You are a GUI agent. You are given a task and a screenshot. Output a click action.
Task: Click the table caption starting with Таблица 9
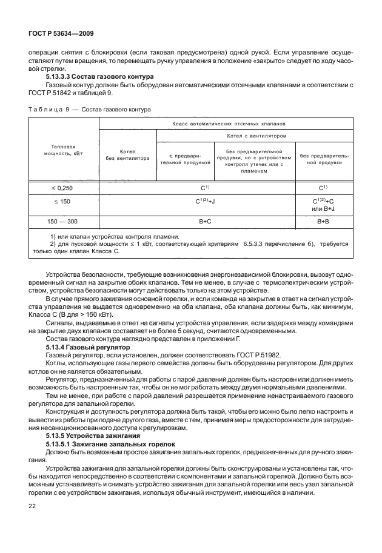coord(90,109)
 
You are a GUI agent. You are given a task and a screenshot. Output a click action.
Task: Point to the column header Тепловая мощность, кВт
coord(64,150)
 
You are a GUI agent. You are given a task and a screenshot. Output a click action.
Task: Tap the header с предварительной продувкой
coord(185,159)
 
